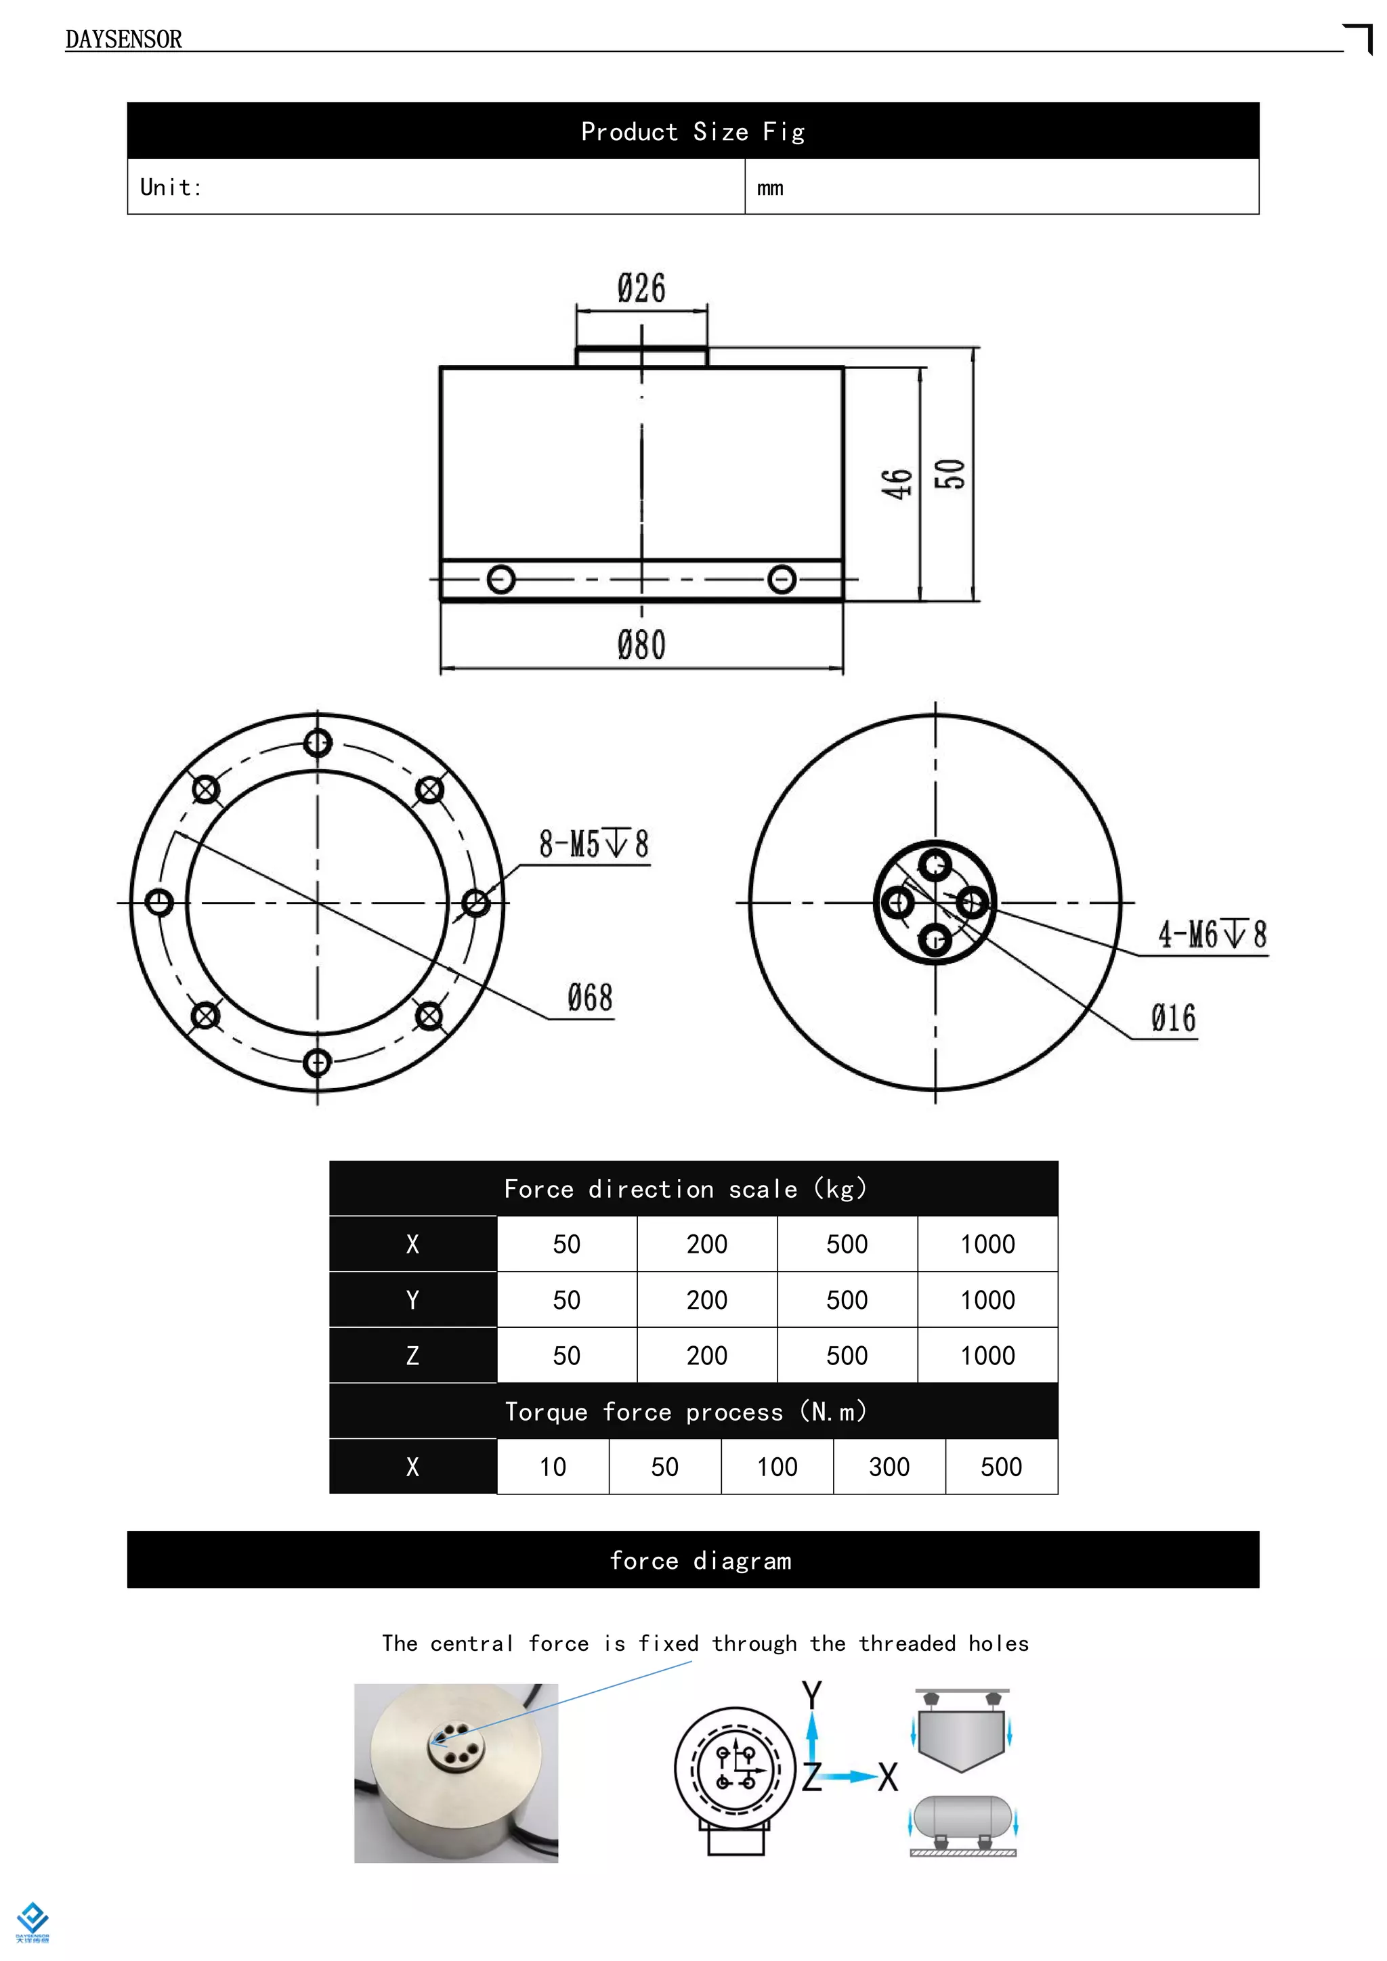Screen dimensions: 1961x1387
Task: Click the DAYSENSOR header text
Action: pyautogui.click(x=123, y=39)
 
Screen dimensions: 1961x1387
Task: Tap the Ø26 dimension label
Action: pyautogui.click(x=641, y=288)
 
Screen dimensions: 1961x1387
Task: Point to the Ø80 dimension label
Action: pyautogui.click(x=641, y=645)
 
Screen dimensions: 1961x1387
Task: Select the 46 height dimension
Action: pyautogui.click(x=897, y=483)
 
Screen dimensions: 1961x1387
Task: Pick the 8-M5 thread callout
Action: pyautogui.click(x=593, y=844)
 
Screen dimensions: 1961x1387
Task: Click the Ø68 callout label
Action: pyautogui.click(x=590, y=997)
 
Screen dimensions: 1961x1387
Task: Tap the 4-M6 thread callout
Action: pyautogui.click(x=1211, y=934)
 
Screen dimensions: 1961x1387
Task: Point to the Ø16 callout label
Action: pyautogui.click(x=1172, y=1018)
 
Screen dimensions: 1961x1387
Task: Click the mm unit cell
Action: pyautogui.click(x=770, y=188)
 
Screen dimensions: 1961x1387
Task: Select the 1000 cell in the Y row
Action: pyautogui.click(x=987, y=1300)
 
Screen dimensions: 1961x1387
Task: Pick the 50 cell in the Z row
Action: pyautogui.click(x=566, y=1356)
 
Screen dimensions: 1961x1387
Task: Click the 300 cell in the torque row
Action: pyautogui.click(x=889, y=1467)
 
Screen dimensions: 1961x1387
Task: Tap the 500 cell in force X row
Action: pyautogui.click(x=847, y=1245)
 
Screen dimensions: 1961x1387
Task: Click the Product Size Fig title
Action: pyautogui.click(x=693, y=131)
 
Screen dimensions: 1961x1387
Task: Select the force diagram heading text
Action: pyautogui.click(x=700, y=1560)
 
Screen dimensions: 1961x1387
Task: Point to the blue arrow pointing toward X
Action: pyautogui.click(x=851, y=1777)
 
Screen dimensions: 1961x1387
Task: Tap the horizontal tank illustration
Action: pyautogui.click(x=962, y=1817)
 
